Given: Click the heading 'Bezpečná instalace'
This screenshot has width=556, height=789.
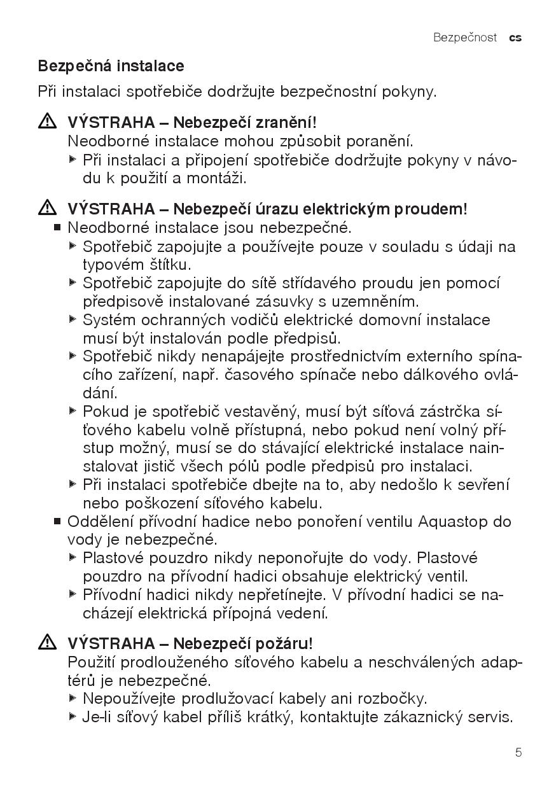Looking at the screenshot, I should [x=111, y=66].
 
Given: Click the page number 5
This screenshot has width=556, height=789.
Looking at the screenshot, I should [x=518, y=753].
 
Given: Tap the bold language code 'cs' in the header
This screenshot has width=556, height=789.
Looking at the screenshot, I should [x=515, y=38].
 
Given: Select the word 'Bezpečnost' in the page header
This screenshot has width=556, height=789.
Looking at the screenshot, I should [x=464, y=38].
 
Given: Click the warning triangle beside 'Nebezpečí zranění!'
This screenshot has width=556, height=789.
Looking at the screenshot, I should [x=47, y=121].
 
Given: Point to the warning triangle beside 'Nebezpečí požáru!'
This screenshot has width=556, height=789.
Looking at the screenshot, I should [x=47, y=643].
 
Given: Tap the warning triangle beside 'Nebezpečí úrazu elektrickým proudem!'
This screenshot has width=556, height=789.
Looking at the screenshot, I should [x=47, y=207].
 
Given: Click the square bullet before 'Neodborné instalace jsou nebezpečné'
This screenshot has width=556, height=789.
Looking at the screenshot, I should [x=57, y=227].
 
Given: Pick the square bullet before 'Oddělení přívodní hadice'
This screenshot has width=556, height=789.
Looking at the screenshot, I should [x=57, y=522].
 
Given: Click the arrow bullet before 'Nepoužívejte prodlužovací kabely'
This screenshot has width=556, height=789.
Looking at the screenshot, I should [x=73, y=698].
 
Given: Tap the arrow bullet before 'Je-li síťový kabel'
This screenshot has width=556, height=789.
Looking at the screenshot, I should [x=73, y=716].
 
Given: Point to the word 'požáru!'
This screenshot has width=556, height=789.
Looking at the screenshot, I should [x=286, y=644].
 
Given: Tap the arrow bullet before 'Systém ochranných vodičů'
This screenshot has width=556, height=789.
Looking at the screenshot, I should [x=73, y=319].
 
